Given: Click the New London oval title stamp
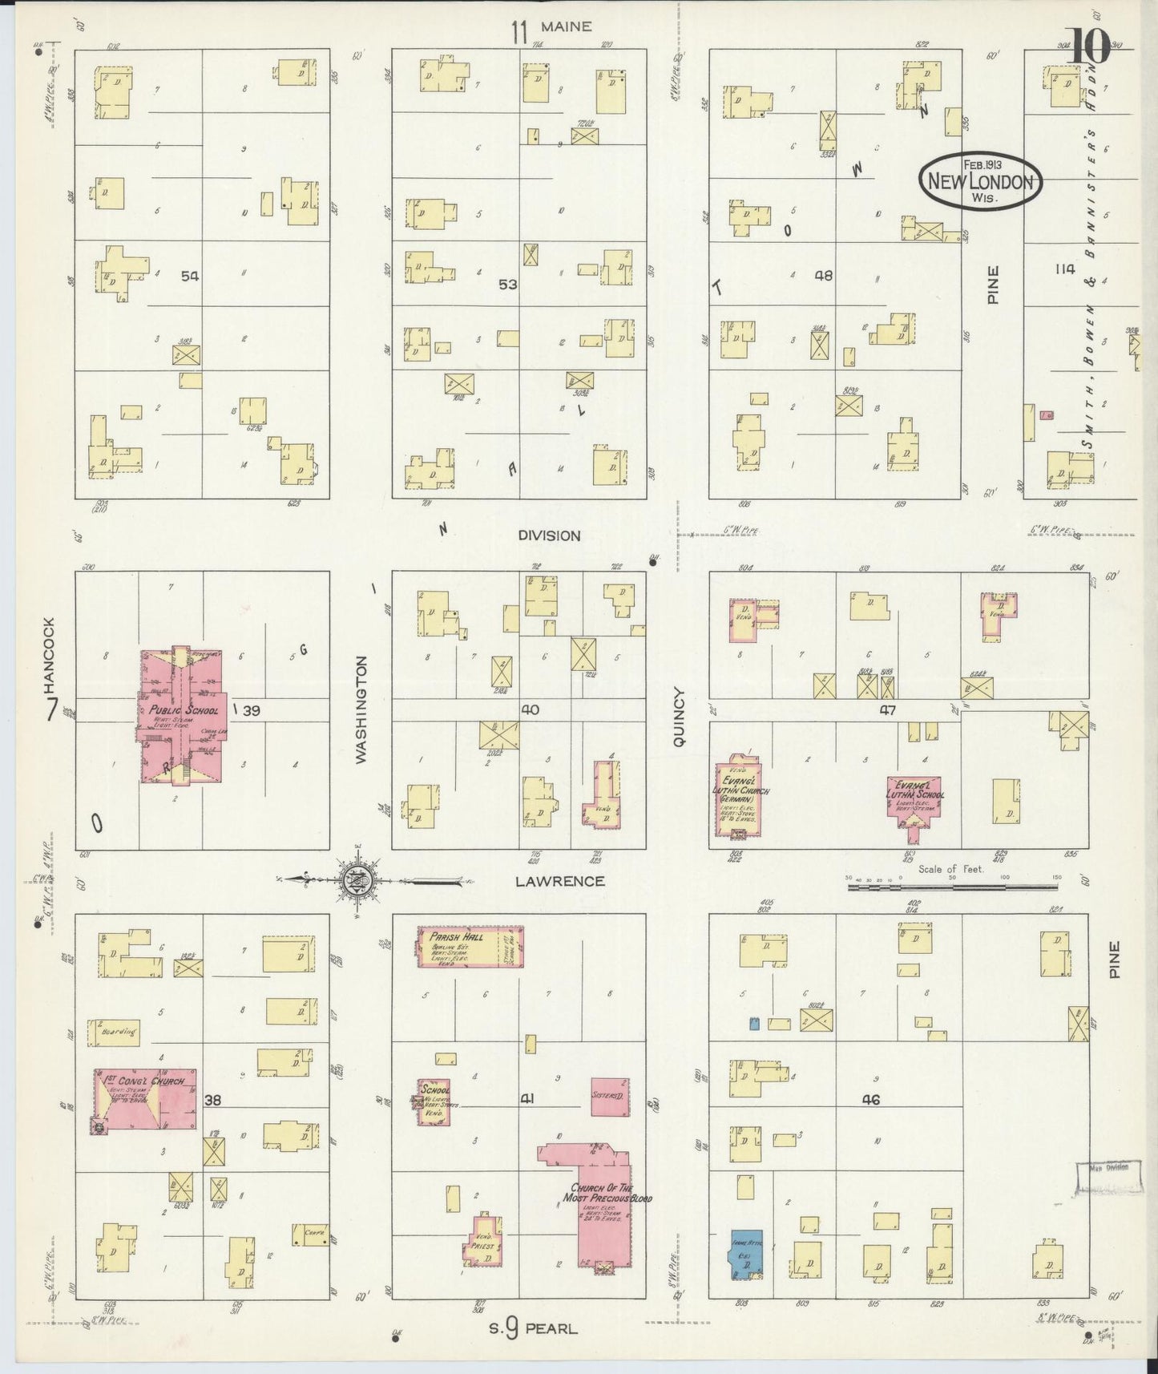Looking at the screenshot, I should (979, 180).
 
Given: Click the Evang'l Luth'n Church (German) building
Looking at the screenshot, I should (736, 797).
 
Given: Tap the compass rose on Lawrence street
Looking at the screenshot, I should (355, 881).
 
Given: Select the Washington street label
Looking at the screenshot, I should (361, 710).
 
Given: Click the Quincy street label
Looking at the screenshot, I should (680, 717).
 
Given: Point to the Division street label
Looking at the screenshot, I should (548, 535).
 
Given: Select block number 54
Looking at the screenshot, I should (189, 276).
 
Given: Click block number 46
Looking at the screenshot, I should (870, 1100).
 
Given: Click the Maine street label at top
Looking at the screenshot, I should (566, 26).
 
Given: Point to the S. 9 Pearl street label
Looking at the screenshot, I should (534, 1329).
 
